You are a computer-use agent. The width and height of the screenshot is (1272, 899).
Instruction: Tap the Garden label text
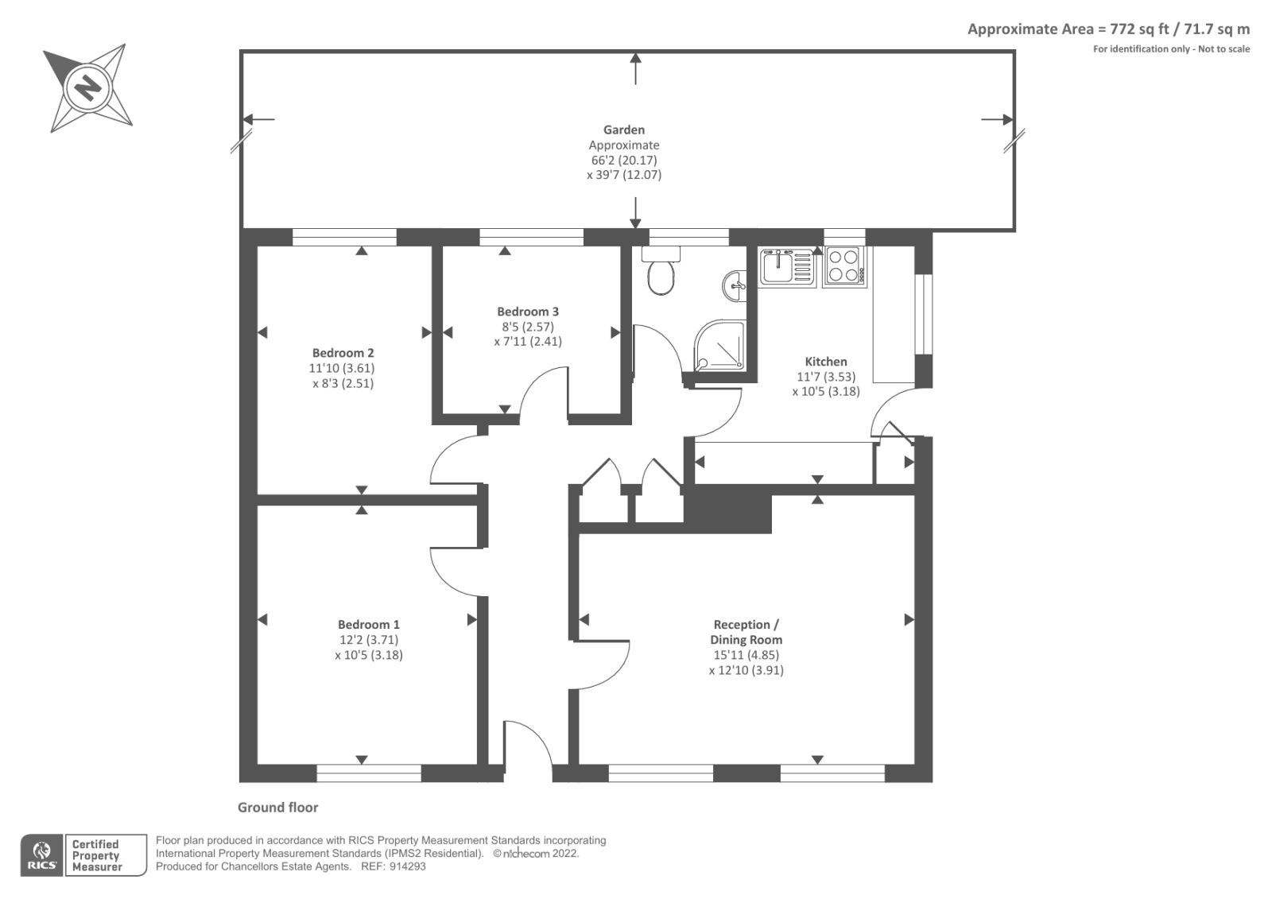point(623,130)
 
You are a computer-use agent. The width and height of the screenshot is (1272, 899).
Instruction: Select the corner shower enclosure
point(720,347)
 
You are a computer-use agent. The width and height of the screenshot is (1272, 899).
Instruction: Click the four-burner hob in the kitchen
point(844,266)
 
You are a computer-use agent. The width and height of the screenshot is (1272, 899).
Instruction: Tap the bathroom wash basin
point(735,285)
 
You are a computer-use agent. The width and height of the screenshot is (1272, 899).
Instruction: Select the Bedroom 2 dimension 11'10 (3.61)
point(342,368)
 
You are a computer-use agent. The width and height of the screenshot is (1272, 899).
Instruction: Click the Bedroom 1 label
point(368,625)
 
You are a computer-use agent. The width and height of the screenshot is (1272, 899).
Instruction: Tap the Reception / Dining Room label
point(746,632)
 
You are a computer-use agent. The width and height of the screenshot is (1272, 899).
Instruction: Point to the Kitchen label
point(826,362)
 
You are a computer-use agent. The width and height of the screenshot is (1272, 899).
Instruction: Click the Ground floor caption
point(277,808)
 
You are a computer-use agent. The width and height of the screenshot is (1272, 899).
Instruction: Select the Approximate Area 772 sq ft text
point(1108,29)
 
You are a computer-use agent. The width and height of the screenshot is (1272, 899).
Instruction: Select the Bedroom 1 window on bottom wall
point(368,773)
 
